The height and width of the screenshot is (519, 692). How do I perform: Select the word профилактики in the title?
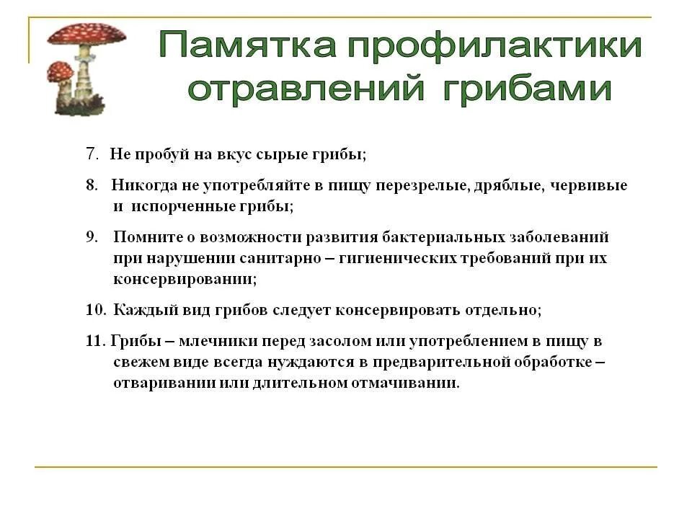[x=494, y=47]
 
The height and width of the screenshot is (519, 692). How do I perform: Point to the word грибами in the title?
[x=527, y=90]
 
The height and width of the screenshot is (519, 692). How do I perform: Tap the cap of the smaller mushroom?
[x=61, y=70]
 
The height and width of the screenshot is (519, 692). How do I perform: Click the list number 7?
[x=92, y=154]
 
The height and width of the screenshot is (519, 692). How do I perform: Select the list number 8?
[x=92, y=185]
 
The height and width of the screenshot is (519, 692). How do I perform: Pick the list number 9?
[x=92, y=236]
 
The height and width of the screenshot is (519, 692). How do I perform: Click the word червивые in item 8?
[x=589, y=185]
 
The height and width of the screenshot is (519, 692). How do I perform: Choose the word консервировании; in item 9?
[x=185, y=278]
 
